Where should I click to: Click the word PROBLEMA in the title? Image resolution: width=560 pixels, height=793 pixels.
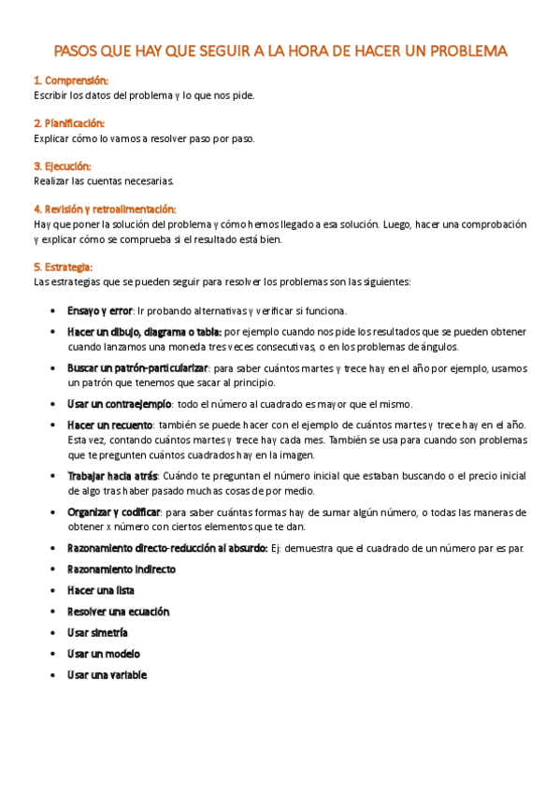point(458,50)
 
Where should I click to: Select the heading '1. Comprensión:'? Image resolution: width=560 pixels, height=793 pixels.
point(70,81)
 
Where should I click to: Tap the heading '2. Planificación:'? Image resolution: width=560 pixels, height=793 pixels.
point(68,123)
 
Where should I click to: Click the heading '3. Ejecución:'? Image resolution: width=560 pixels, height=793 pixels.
point(62,166)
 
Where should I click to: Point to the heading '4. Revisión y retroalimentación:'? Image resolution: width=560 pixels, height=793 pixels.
point(105,209)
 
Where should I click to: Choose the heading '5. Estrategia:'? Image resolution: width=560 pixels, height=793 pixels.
point(63,267)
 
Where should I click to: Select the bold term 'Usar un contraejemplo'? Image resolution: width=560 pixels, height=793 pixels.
point(119,403)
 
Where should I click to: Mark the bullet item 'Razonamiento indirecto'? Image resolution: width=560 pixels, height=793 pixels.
point(122,569)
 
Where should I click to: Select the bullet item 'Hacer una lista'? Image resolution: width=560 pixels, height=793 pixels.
point(101,590)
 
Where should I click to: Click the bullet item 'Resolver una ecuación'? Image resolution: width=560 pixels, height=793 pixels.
point(118,612)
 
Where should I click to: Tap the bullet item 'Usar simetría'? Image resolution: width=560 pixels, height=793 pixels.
point(97,633)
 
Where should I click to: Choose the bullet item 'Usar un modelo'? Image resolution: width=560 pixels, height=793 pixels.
point(103,654)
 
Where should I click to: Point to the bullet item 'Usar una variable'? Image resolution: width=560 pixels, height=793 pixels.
point(107,675)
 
